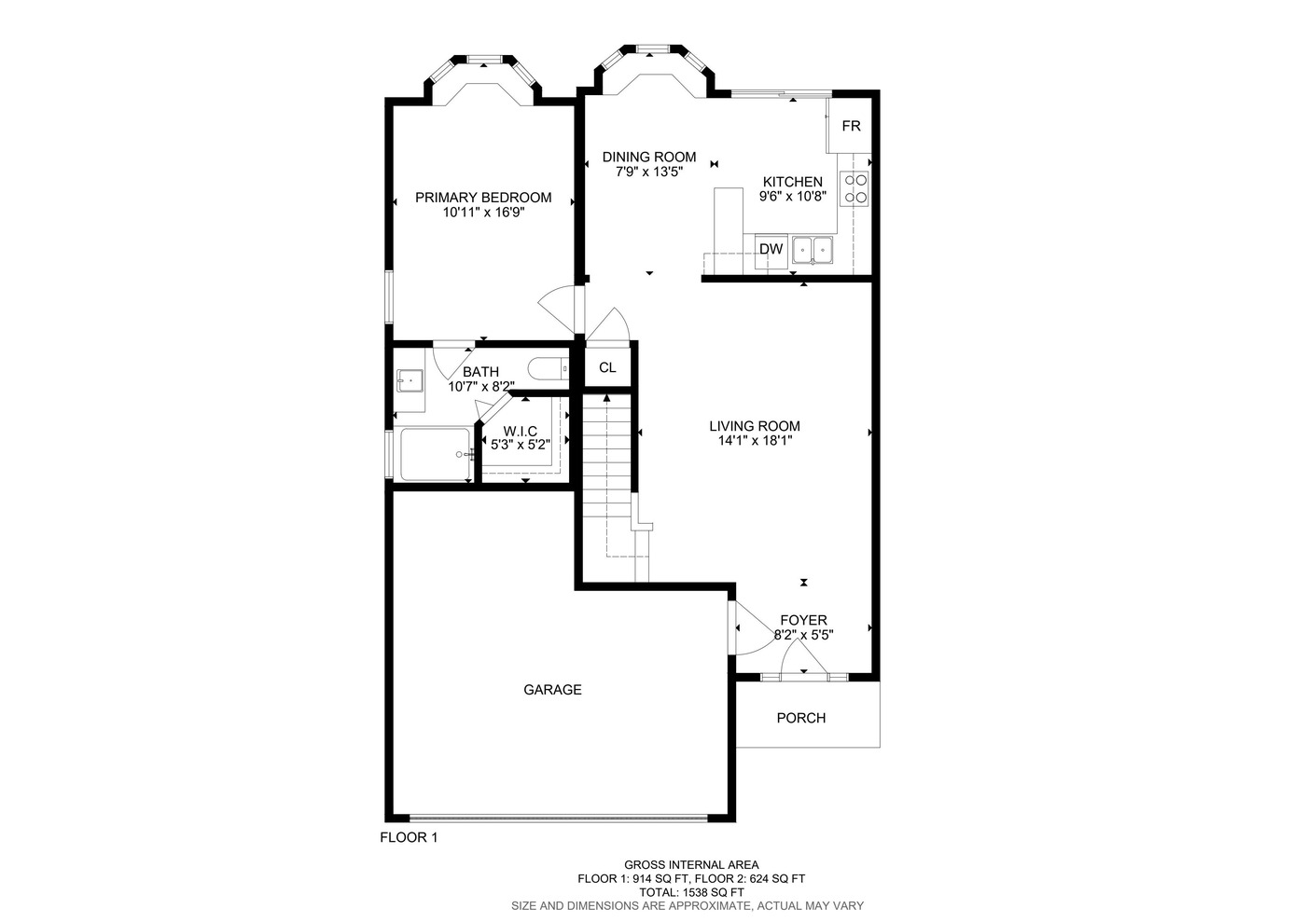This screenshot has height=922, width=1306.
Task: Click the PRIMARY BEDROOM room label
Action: [x=483, y=198]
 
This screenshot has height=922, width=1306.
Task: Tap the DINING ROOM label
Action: [x=649, y=157]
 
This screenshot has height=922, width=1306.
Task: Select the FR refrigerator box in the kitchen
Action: [x=850, y=126]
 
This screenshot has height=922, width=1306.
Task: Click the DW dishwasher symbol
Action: [x=771, y=251]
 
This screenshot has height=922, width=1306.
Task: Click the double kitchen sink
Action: [x=813, y=251]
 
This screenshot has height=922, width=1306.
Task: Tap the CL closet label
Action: [x=607, y=367]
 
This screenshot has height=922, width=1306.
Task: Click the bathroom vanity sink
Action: [x=410, y=381]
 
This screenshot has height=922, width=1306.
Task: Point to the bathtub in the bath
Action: [x=436, y=455]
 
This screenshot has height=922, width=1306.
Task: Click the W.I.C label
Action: [x=521, y=432]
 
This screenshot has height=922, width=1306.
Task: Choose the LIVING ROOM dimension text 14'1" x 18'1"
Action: [x=755, y=441]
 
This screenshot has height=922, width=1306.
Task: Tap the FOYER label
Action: [x=803, y=620]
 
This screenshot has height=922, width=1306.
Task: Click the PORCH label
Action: [x=801, y=718]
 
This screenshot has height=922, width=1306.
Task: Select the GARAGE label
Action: [x=552, y=690]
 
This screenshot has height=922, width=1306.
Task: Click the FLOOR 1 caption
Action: [x=409, y=837]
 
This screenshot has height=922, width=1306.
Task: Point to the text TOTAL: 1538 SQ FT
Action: [x=691, y=892]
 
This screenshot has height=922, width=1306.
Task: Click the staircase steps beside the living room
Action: [x=607, y=456]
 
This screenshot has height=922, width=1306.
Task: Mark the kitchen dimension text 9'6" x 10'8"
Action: [x=792, y=197]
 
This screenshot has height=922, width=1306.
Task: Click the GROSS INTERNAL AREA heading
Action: [x=691, y=865]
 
